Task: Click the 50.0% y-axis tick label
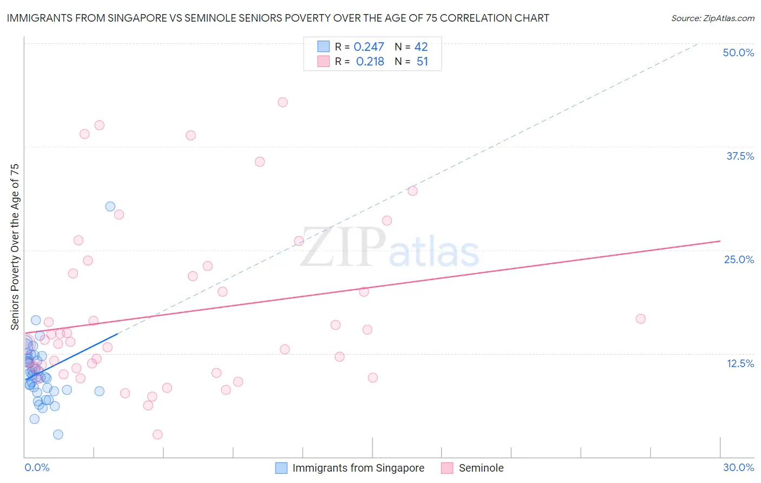pyautogui.click(x=738, y=53)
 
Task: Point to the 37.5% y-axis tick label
pyautogui.click(x=740, y=156)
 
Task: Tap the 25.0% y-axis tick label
pyautogui.click(x=739, y=259)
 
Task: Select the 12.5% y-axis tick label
pyautogui.click(x=740, y=363)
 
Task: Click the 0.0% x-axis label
pyautogui.click(x=37, y=467)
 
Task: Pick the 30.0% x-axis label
pyautogui.click(x=738, y=467)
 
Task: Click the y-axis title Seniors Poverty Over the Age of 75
pyautogui.click(x=15, y=247)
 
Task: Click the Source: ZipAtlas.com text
pyautogui.click(x=712, y=18)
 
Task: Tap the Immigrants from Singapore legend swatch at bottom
pyautogui.click(x=281, y=468)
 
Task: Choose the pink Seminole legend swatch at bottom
pyautogui.click(x=447, y=468)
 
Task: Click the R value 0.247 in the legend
pyautogui.click(x=369, y=47)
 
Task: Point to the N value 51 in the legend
pyautogui.click(x=422, y=62)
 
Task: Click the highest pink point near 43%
pyautogui.click(x=283, y=102)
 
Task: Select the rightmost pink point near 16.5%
pyautogui.click(x=640, y=319)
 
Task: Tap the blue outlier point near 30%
pyautogui.click(x=110, y=206)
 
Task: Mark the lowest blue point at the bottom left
pyautogui.click(x=58, y=434)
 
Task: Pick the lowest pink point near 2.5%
pyautogui.click(x=158, y=434)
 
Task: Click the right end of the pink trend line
pyautogui.click(x=720, y=241)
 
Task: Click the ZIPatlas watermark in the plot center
pyautogui.click(x=390, y=248)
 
